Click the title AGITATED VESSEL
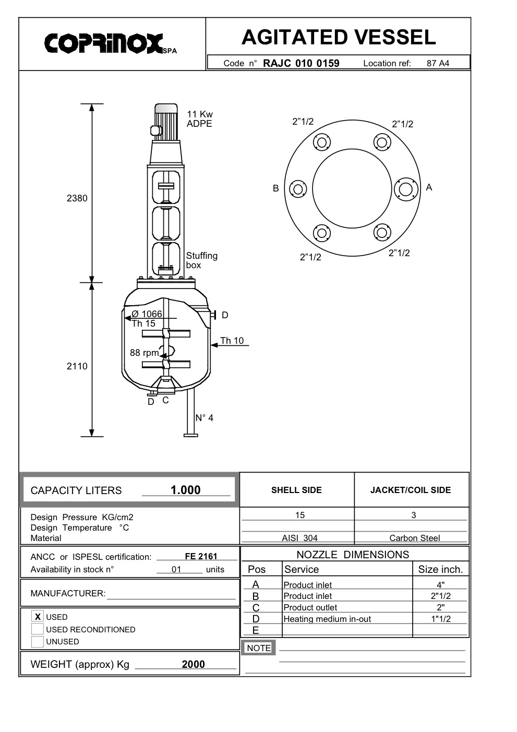click(x=338, y=38)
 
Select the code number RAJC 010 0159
click(x=301, y=63)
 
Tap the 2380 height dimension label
click(x=77, y=198)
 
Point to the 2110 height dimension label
click(x=77, y=366)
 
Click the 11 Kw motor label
click(x=200, y=114)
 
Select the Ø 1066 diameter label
click(x=147, y=314)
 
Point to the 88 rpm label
click(x=144, y=353)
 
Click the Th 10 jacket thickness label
click(x=232, y=341)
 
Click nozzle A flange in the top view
click(x=406, y=188)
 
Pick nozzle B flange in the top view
click(x=298, y=189)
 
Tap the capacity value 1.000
click(x=185, y=490)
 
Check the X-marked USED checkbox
click(x=38, y=617)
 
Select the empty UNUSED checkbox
click(x=38, y=642)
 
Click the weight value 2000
click(x=193, y=664)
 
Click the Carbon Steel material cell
click(x=414, y=538)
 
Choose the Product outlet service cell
click(x=310, y=607)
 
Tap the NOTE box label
click(x=259, y=648)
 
